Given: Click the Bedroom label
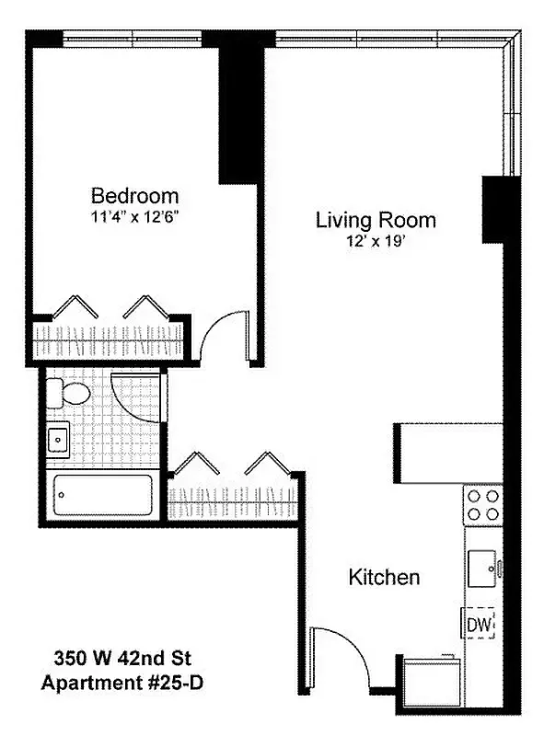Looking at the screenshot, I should coord(134,196).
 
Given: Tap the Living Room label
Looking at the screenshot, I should coord(376,221).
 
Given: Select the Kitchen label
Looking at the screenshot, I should coord(384,578).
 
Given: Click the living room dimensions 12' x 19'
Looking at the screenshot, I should coord(376,241).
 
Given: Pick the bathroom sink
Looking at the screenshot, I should coord(59,440).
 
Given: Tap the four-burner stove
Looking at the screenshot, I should coord(483,504).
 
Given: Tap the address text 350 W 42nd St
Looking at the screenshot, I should coord(121,659).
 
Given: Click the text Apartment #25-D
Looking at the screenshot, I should coord(121,683).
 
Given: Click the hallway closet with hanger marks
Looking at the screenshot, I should coord(233,501).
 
